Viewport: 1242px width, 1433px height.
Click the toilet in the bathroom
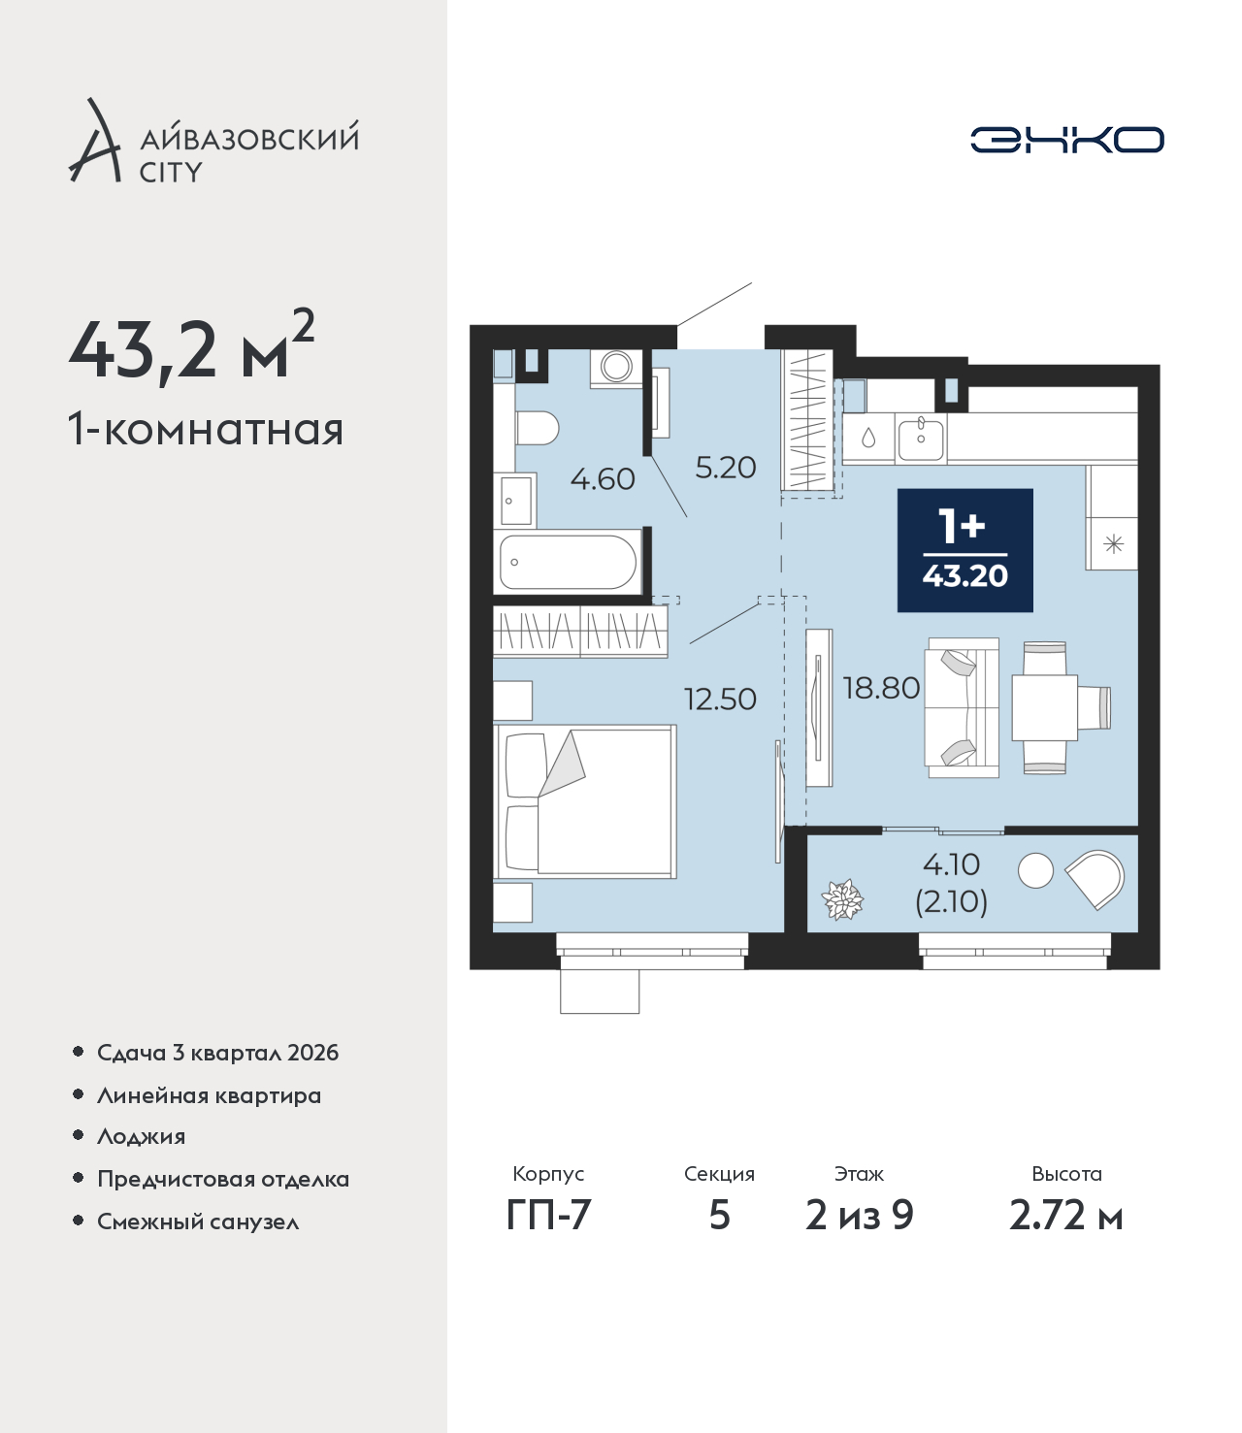coord(538,429)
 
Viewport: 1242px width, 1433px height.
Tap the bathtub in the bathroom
coord(568,562)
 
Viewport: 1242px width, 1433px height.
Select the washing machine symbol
coord(616,368)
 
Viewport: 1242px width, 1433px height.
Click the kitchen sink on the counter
coord(920,439)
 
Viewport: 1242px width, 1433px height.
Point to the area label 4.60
coord(603,479)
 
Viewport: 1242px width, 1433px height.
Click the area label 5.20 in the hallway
coord(726,468)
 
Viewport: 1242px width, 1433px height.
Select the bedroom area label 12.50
coord(720,699)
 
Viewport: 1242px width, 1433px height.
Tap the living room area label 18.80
coord(881,688)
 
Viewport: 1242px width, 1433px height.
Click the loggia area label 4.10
coord(951,863)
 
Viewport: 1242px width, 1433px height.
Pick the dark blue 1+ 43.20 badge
coord(964,550)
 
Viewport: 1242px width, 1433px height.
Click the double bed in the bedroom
coord(584,802)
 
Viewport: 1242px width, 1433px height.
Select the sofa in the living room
coord(962,707)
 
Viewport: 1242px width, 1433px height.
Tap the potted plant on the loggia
coord(842,900)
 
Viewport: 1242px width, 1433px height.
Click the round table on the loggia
coord(1035,870)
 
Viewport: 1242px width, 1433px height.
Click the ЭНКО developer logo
coord(1066,140)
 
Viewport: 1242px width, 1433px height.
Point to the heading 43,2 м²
coord(191,346)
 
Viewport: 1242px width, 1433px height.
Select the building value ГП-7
coord(548,1216)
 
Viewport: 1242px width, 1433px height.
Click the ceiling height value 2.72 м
coord(1065,1216)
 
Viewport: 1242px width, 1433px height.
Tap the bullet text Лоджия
coord(142,1136)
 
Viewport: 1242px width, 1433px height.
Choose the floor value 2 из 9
coord(859,1216)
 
